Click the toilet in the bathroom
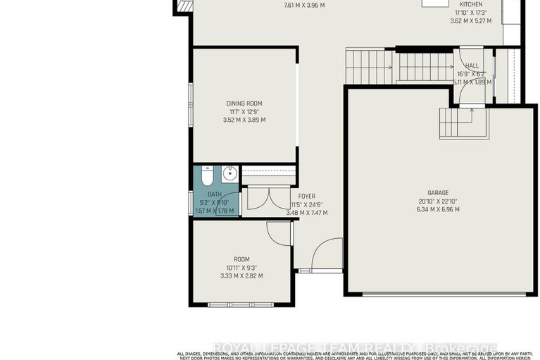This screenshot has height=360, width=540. tap(206, 175)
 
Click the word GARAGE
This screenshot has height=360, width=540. tap(437, 192)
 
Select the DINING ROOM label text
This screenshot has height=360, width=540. tap(244, 104)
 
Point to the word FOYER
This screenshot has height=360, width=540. tap(306, 197)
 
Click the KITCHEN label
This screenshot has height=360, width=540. tap(470, 4)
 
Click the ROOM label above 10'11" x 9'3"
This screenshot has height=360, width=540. tap(241, 259)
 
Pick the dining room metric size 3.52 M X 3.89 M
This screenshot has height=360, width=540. tap(244, 120)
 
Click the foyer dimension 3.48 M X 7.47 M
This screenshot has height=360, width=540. tap(309, 213)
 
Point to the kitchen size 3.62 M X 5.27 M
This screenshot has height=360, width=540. tap(470, 20)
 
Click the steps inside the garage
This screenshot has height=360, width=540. tap(454, 123)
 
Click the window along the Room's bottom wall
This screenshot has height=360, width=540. tap(237, 304)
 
